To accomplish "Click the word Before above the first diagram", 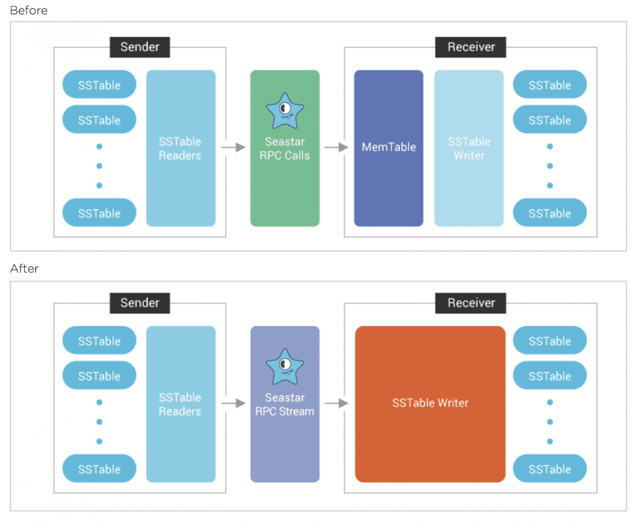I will [x=28, y=10].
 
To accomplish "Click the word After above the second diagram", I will [x=24, y=269].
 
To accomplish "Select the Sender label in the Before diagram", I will [x=140, y=47].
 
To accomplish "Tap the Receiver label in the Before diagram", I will [x=471, y=47].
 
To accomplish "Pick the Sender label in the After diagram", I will [x=140, y=303].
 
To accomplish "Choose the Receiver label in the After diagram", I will [x=471, y=303].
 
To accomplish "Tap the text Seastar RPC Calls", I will [x=284, y=149].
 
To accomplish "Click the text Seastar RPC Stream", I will [x=284, y=405].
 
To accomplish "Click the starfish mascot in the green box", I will [x=284, y=110].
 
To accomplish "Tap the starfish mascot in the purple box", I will [x=284, y=366].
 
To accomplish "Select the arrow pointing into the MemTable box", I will [x=336, y=148].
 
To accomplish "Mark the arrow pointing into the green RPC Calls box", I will [x=233, y=148].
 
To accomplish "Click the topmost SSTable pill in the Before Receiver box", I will [x=550, y=85].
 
